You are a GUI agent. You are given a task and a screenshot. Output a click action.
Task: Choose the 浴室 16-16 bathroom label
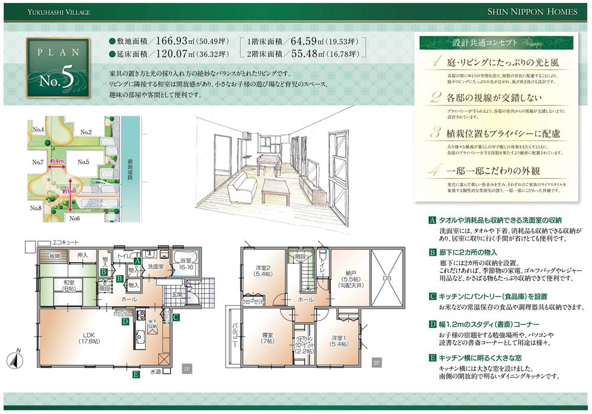pyautogui.click(x=186, y=264)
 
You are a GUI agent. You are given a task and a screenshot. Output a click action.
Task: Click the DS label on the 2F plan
pyautogui.click(x=387, y=277)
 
